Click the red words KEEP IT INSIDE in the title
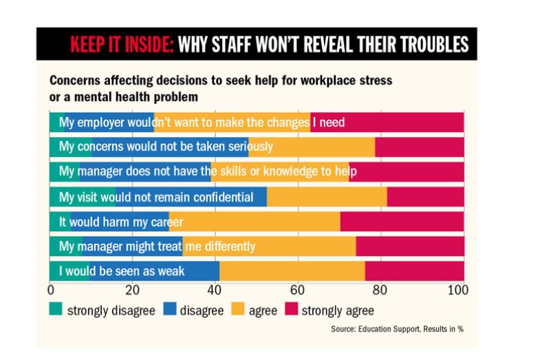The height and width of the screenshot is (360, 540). tap(122, 45)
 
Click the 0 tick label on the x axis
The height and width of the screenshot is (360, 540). tap(50, 290)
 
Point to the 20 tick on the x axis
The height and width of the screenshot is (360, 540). tap(133, 290)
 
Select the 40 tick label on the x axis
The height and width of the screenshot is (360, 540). tap(215, 290)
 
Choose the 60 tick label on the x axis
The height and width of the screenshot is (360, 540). tap(298, 290)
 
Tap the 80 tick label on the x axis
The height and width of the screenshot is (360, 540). tap(380, 290)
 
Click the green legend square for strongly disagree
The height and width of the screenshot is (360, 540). tap(56, 310)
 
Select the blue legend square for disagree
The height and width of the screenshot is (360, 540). tap(169, 310)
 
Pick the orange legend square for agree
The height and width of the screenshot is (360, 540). tap(241, 310)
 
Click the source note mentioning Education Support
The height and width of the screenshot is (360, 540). tap(397, 329)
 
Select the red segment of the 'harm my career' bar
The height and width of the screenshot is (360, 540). tap(402, 222)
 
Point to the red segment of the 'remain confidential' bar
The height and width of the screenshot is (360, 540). tap(425, 197)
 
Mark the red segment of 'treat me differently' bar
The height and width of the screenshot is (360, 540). tap(409, 246)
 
